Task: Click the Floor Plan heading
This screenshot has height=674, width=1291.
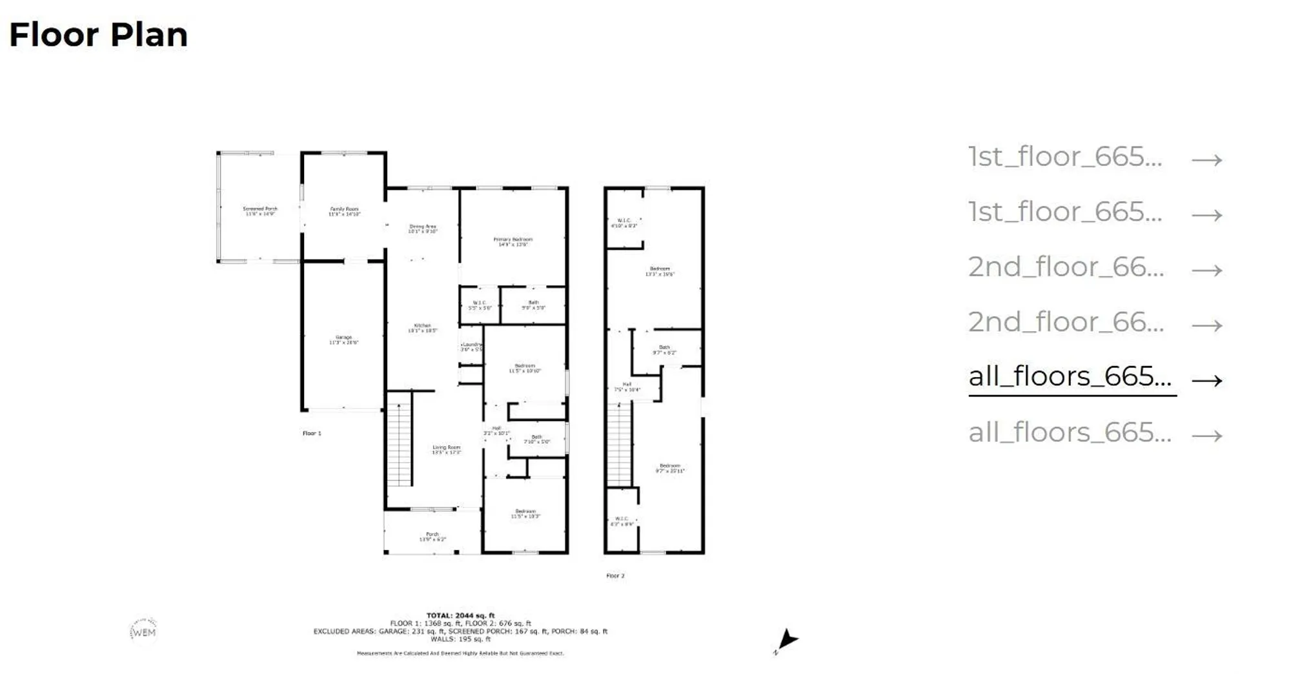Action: click(x=98, y=35)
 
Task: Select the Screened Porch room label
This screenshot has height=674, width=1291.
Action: click(x=260, y=211)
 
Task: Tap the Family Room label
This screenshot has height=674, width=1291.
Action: click(x=344, y=211)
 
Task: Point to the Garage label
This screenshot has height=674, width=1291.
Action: click(x=343, y=340)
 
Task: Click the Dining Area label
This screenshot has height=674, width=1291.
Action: click(x=423, y=229)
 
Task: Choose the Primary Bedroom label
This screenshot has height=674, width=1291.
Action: click(x=513, y=241)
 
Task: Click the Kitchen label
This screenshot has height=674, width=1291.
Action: click(x=422, y=328)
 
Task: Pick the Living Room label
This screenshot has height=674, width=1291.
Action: click(x=447, y=449)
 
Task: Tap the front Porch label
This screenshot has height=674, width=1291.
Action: click(x=432, y=536)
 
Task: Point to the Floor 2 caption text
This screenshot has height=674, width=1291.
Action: click(x=615, y=576)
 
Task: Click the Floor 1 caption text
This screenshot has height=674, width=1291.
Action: click(x=312, y=433)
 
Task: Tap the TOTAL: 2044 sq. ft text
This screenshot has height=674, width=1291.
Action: click(x=460, y=615)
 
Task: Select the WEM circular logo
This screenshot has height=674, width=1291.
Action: click(x=143, y=632)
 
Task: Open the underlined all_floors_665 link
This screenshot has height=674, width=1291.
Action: click(x=1070, y=377)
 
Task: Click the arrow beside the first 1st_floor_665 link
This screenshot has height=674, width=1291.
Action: click(x=1206, y=159)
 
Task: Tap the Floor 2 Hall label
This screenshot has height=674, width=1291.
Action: click(x=627, y=387)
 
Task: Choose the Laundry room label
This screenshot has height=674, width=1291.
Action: click(x=472, y=347)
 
